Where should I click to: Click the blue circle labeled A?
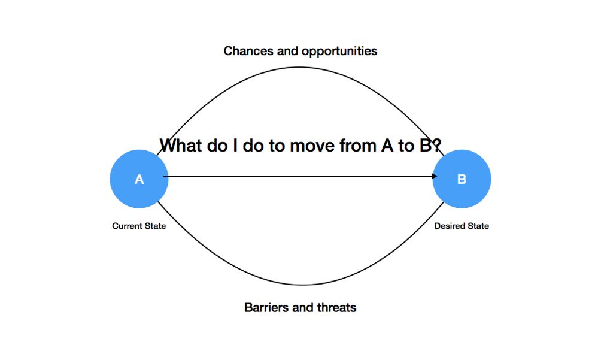[139, 179]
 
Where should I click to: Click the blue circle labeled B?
[462, 179]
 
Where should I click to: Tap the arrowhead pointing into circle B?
[435, 176]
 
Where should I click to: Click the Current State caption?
[139, 226]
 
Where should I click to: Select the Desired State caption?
[462, 226]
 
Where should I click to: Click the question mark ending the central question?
[437, 145]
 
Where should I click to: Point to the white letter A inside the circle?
[139, 179]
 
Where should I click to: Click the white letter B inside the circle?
[462, 179]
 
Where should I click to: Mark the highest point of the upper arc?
[299, 68]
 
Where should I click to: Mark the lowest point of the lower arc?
[302, 285]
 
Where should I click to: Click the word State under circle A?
[154, 226]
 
